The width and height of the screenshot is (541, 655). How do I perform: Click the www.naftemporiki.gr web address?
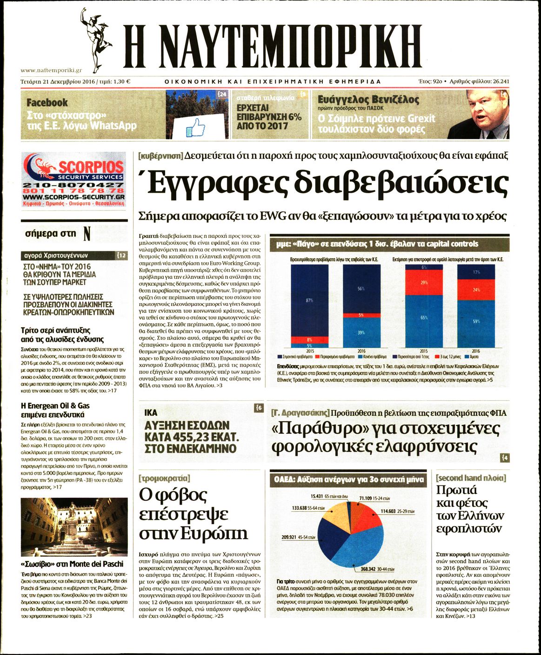51,70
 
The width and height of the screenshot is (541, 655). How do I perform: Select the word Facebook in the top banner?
47,102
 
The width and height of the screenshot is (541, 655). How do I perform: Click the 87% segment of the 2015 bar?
309,300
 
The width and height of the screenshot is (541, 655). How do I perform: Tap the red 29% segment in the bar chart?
424,283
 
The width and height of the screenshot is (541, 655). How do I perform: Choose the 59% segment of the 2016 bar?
475,321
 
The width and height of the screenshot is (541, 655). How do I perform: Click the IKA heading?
151,412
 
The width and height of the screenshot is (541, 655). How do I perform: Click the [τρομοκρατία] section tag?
164,478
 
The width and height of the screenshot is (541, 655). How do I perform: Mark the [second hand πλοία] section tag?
471,478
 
